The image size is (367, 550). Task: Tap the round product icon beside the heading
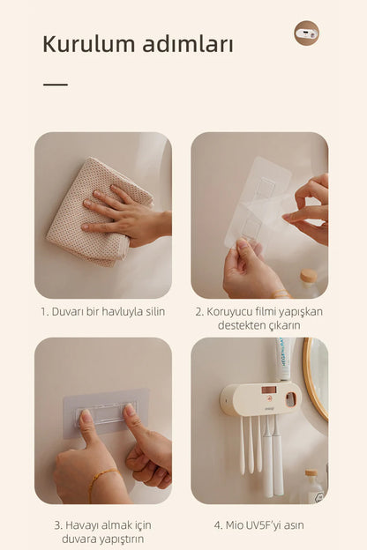pyautogui.click(x=307, y=33)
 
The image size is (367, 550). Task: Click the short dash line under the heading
pyautogui.click(x=56, y=85)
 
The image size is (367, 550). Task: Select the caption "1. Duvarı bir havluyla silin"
pyautogui.click(x=102, y=311)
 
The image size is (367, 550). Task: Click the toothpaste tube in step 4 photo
pyautogui.click(x=282, y=360)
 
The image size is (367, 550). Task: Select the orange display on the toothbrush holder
pyautogui.click(x=269, y=390)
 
